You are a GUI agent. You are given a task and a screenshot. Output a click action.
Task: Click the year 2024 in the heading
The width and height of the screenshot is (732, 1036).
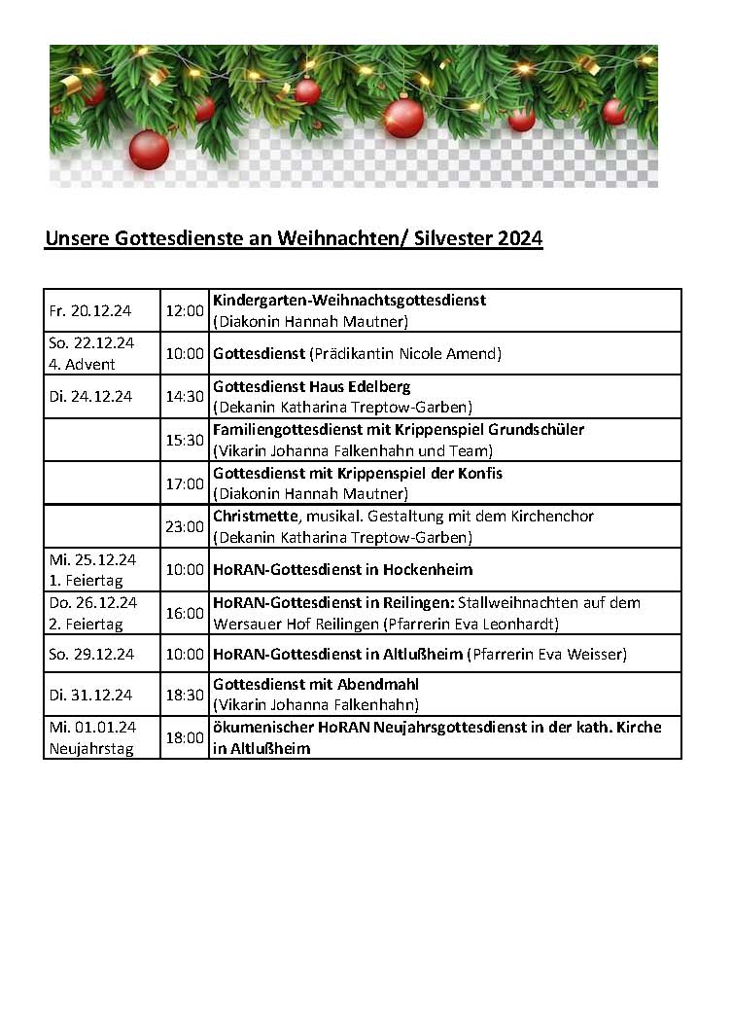pyautogui.click(x=520, y=239)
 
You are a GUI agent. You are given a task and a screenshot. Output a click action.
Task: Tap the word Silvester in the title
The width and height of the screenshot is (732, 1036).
pyautogui.click(x=455, y=239)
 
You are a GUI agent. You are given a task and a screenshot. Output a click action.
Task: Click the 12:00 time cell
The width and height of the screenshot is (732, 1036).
pyautogui.click(x=185, y=311)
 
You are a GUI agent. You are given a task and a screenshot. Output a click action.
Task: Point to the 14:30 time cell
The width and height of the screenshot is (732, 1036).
pyautogui.click(x=185, y=397)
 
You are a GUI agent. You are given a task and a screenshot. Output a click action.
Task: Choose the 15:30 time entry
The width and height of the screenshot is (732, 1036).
pyautogui.click(x=185, y=440)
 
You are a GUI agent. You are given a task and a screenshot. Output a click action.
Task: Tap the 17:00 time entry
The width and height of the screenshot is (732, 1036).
pyautogui.click(x=185, y=483)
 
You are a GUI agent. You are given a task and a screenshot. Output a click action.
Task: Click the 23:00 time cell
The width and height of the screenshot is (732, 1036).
pyautogui.click(x=185, y=526)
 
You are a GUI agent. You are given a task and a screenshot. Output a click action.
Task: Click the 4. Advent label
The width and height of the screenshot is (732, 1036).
pyautogui.click(x=83, y=364)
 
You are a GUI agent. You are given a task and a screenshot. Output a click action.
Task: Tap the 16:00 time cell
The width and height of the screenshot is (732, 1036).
pyautogui.click(x=185, y=613)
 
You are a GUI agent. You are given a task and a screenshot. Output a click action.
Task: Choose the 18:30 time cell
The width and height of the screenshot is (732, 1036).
pyautogui.click(x=185, y=695)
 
